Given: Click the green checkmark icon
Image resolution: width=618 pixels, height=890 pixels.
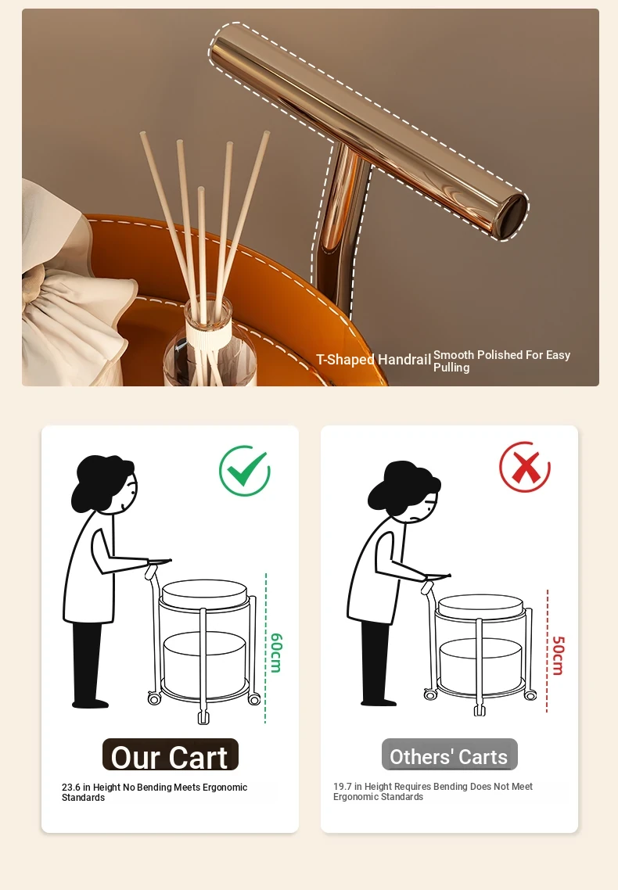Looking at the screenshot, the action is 245,471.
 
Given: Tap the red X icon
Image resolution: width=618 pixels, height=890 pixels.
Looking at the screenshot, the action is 525,467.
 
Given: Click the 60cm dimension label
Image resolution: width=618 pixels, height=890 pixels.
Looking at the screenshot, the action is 276,653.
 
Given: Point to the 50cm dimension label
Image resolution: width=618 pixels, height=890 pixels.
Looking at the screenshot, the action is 558,655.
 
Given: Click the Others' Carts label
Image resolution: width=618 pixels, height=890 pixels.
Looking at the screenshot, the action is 449,755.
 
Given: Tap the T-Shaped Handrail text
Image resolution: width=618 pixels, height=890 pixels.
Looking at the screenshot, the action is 373,359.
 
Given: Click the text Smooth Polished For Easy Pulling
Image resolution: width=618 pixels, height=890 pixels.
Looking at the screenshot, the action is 501,361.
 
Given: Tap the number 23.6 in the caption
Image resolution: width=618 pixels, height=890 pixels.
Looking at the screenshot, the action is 71,788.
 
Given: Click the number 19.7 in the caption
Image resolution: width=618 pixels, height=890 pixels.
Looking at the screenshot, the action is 342,787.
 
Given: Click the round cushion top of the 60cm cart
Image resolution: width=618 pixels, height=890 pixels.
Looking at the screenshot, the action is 204,591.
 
